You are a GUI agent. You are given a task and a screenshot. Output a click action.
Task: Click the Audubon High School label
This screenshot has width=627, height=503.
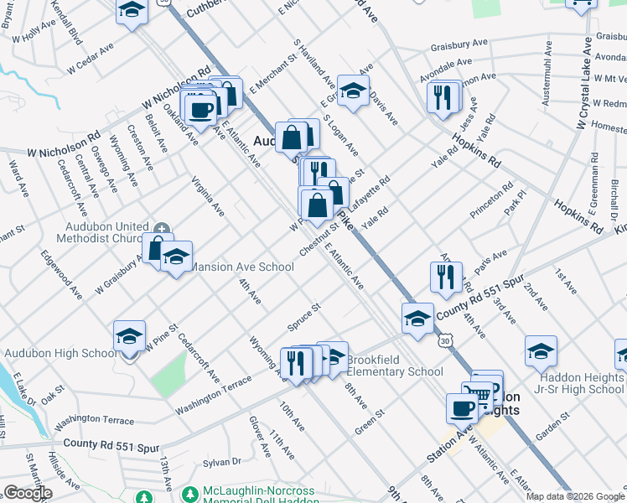click(60, 353)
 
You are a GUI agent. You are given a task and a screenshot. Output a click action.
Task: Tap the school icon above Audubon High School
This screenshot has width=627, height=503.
click(130, 336)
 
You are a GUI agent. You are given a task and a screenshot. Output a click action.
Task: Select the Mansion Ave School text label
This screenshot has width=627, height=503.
click(243, 267)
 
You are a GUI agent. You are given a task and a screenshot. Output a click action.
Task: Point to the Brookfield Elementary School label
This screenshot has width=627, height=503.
click(394, 366)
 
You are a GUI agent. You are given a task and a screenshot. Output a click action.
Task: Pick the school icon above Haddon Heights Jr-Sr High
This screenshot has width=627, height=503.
click(541, 351)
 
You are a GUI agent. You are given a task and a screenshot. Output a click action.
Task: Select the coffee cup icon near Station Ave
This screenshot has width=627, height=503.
click(460, 408)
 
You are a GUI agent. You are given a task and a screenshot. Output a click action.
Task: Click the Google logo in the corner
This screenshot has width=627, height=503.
click(28, 493)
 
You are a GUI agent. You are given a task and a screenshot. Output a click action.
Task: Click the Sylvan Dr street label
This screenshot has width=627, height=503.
click(222, 461)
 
